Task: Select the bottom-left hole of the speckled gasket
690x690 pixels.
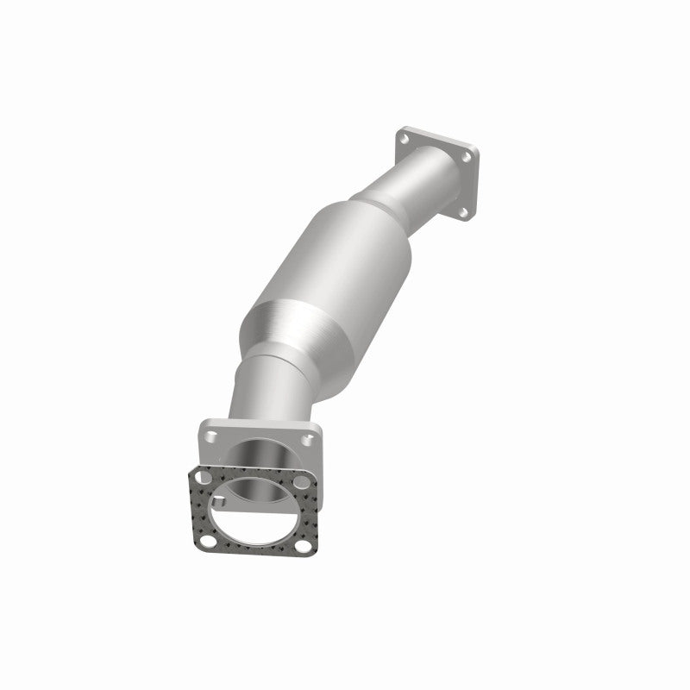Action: pyautogui.click(x=207, y=537)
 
